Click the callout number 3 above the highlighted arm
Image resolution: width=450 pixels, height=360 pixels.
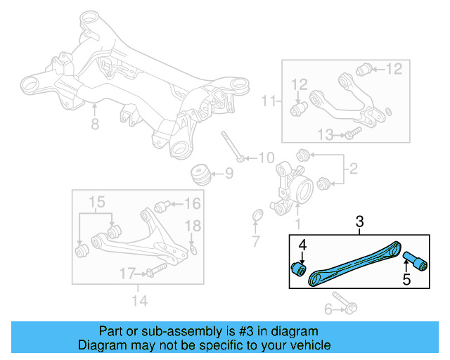(x=360, y=223)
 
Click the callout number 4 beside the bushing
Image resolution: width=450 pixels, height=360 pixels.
(x=303, y=245)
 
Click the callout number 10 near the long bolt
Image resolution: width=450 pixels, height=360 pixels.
(x=266, y=157)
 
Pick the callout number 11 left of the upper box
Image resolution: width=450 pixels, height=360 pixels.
(x=268, y=102)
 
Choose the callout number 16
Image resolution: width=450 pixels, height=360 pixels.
(x=192, y=205)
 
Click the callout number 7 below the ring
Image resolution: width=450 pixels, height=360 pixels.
(x=256, y=243)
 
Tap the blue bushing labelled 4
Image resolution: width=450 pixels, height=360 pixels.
(x=299, y=269)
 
